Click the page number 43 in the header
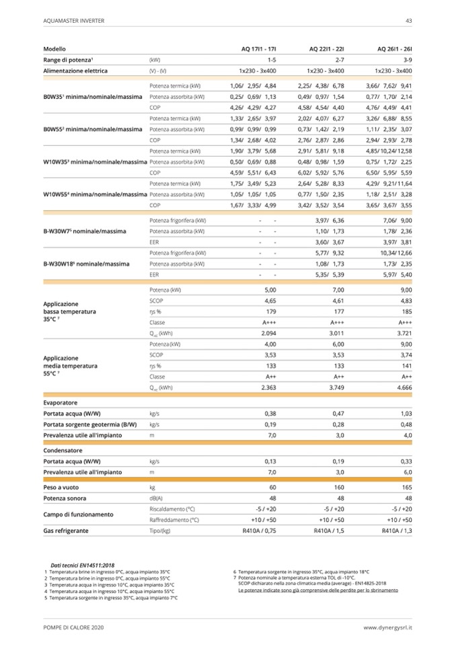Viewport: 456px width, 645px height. click(408, 21)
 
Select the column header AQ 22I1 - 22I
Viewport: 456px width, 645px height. click(326, 50)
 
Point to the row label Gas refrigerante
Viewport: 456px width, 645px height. click(65, 531)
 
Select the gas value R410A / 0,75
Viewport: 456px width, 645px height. click(259, 531)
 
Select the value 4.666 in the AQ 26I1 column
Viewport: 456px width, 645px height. click(403, 387)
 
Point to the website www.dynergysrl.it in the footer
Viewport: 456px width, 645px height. click(387, 627)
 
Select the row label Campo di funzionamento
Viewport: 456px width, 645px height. click(78, 514)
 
